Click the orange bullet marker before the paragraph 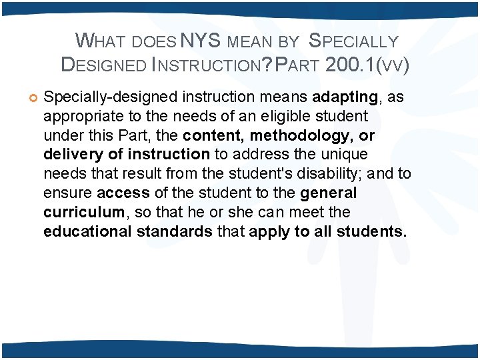[29, 98]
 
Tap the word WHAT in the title [100, 41]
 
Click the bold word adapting [345, 97]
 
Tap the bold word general [329, 193]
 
